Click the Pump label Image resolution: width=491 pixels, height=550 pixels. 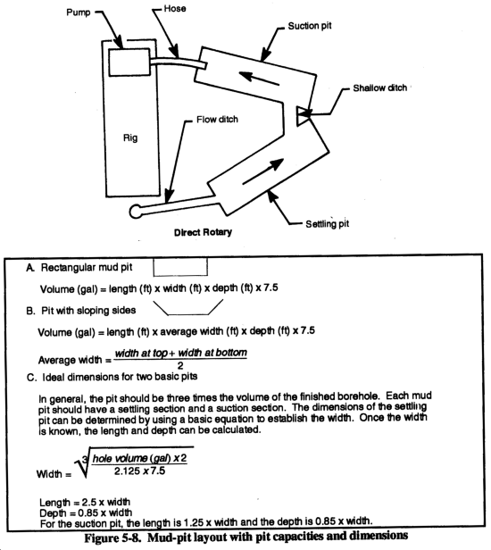(79, 12)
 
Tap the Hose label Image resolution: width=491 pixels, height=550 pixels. (175, 8)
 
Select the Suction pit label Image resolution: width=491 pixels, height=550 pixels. (309, 26)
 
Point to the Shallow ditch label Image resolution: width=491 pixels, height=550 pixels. (379, 87)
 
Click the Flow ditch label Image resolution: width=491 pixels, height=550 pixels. (217, 120)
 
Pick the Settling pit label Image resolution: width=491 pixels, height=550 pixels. (328, 224)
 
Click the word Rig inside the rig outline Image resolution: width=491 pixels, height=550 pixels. (130, 137)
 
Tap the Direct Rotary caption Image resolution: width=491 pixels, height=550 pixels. (203, 232)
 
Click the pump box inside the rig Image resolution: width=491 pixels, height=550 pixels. (129, 62)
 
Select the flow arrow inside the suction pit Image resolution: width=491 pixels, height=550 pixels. (259, 78)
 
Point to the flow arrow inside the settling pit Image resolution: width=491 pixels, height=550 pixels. (263, 171)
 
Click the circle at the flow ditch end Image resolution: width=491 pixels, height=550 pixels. (136, 212)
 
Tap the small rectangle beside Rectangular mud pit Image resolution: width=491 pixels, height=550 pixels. (180, 267)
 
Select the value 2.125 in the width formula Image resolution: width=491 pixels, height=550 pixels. (127, 471)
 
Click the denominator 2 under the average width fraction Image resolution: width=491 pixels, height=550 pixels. (180, 365)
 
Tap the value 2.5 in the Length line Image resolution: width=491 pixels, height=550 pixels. (90, 502)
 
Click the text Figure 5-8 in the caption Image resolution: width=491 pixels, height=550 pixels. (112, 538)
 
